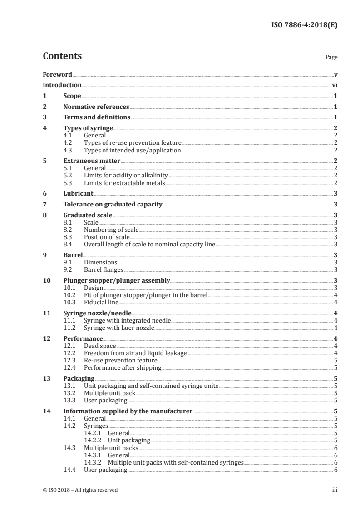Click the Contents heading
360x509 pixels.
click(62, 57)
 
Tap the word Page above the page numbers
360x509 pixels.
click(331, 58)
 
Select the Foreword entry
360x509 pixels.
click(57, 74)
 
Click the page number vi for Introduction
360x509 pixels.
click(334, 85)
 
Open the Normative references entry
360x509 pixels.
click(96, 107)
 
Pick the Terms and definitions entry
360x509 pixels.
click(97, 117)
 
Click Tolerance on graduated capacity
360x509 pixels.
click(113, 205)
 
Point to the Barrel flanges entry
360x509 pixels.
click(104, 270)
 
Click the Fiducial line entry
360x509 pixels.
click(101, 302)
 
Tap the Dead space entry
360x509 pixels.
click(100, 346)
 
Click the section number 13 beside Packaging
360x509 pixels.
click(46, 378)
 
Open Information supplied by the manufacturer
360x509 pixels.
click(128, 411)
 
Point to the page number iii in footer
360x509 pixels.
click(334, 490)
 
